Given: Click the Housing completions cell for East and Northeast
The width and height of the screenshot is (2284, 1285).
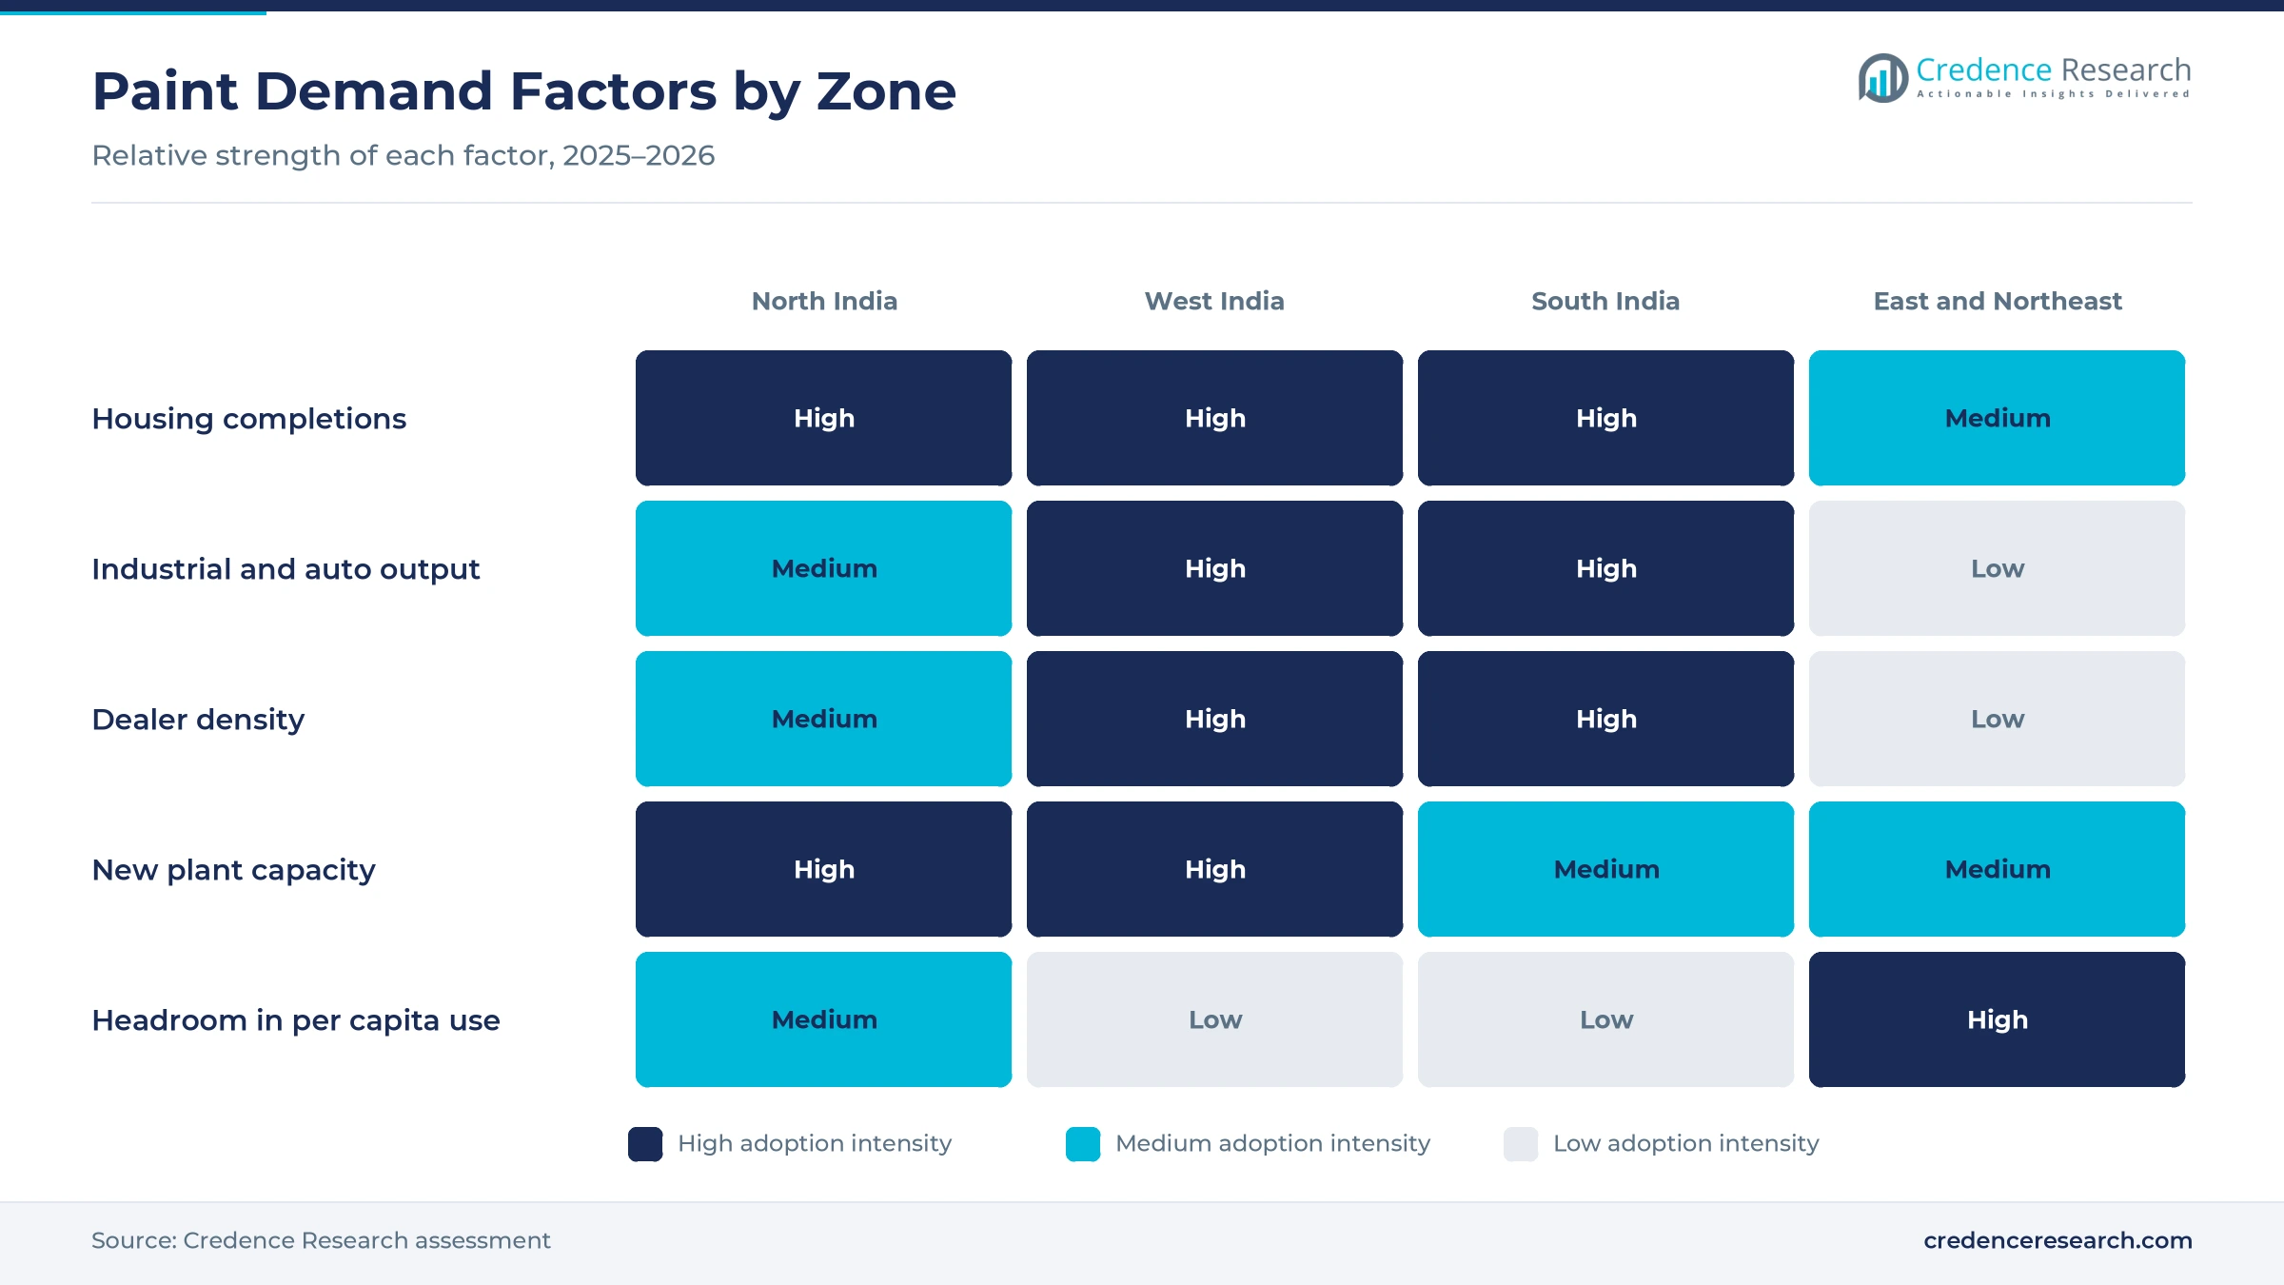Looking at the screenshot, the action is point(1997,418).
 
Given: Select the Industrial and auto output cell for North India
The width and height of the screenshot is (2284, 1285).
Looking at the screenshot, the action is point(823,568).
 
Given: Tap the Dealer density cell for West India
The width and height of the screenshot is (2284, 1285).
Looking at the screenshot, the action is point(1214,719).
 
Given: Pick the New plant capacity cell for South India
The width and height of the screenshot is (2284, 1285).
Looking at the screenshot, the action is point(1605,869).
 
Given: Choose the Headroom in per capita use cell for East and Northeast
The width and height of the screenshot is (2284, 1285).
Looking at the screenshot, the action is point(1997,1019).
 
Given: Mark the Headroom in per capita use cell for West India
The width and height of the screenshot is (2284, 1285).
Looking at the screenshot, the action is point(1214,1019).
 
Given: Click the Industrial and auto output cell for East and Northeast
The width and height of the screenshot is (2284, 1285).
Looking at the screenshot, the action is point(1997,568).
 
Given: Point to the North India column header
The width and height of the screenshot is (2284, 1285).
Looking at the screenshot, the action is point(824,301).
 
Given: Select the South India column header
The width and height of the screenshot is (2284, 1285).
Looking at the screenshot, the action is point(1605,301).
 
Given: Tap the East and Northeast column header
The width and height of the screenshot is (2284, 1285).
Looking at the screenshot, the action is point(1998,301).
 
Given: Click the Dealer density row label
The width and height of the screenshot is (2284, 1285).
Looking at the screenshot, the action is point(198,720).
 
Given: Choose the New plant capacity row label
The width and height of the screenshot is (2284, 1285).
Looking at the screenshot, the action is point(233,870).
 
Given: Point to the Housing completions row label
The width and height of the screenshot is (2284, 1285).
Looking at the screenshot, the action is point(248,419).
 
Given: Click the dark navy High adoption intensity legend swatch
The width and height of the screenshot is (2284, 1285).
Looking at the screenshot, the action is point(645,1143).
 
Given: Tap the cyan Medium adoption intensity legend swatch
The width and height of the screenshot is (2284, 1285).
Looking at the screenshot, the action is point(1083,1143).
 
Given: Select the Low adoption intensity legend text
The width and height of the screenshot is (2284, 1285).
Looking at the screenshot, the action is point(1685,1143).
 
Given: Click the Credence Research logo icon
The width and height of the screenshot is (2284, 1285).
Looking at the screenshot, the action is point(1882,78).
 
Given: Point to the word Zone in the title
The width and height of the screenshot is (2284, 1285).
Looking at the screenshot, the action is point(886,91).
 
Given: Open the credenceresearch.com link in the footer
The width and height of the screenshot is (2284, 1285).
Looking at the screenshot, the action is point(2058,1240).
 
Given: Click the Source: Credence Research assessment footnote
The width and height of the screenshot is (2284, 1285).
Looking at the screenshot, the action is point(321,1240).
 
